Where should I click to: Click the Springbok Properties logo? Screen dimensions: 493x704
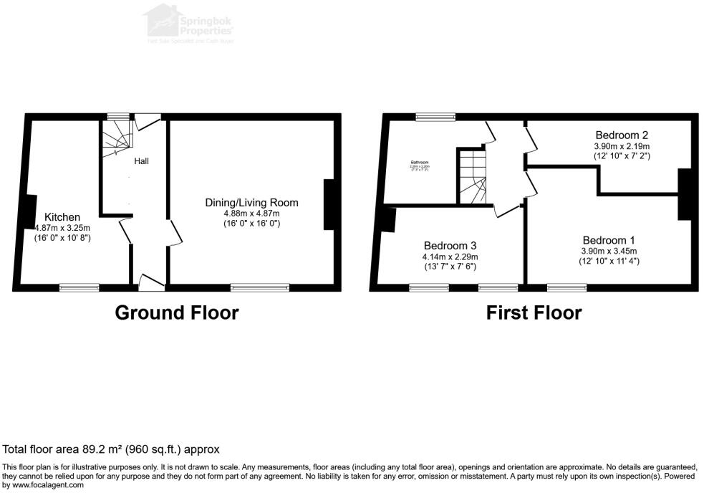coord(190,23)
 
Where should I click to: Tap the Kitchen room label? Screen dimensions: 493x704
coord(63,216)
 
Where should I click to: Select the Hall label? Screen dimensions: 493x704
coord(141,161)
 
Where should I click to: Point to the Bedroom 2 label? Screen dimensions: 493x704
coord(622,135)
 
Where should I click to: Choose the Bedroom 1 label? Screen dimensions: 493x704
coord(609,239)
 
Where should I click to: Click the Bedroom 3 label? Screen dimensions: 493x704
coord(450,244)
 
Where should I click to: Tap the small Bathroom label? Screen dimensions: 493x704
coord(420,163)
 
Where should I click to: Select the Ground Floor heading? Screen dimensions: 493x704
coord(176,312)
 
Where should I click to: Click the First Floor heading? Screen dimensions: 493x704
coord(534,312)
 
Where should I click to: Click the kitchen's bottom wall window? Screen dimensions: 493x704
coord(79,287)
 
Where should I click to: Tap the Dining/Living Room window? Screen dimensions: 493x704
coord(260,287)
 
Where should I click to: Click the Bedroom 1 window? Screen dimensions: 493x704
coord(566,287)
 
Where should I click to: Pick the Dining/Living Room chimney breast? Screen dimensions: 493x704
coord(329,204)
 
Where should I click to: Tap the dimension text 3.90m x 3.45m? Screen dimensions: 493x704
coord(609,251)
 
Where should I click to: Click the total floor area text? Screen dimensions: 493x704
coord(111,449)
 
